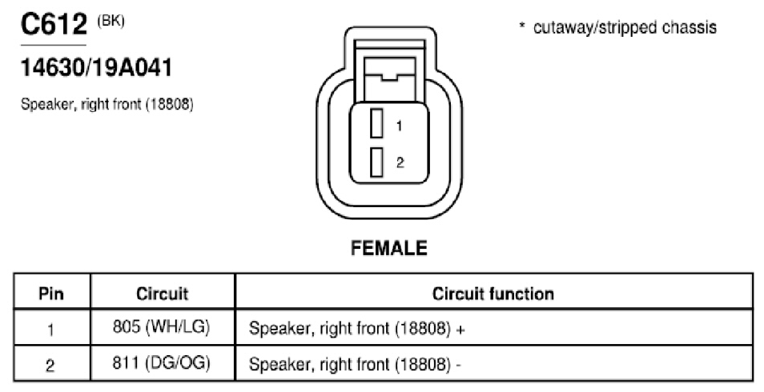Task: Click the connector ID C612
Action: coord(54,24)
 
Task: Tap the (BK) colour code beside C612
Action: coord(111,22)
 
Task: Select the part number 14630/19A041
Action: coord(96,68)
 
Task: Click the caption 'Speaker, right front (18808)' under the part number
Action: coord(107,104)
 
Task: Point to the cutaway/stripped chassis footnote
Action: coord(617,27)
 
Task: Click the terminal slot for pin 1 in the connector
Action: coord(376,124)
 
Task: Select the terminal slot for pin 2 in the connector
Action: coord(376,162)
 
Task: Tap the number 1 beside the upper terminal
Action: coord(399,126)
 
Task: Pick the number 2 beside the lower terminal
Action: coord(400,162)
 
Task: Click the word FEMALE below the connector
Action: coord(389,248)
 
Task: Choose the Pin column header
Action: coord(51,294)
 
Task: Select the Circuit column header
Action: coord(163,294)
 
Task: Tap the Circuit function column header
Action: coord(493,294)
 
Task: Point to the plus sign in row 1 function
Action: coord(460,330)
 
